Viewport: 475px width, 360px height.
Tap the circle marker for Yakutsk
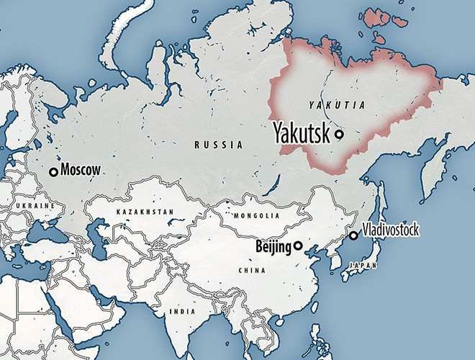click(338, 134)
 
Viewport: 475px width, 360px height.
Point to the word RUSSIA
click(219, 145)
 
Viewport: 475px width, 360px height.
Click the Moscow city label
click(81, 171)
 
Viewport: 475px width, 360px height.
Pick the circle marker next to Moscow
click(53, 171)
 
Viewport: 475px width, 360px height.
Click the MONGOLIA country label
click(256, 215)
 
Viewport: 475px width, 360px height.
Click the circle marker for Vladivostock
click(353, 235)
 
